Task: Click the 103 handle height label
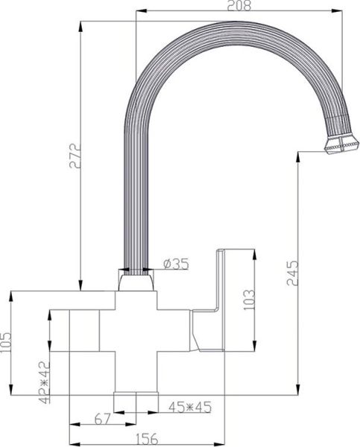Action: [x=250, y=299]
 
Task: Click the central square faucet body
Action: [x=136, y=339]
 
